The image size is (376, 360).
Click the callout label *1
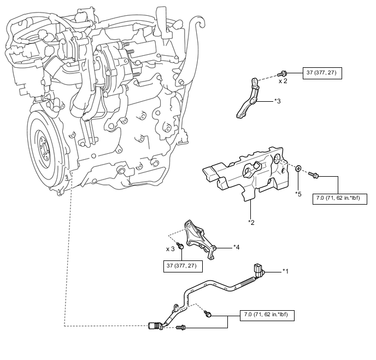point(285,271)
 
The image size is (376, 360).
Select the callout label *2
point(251,223)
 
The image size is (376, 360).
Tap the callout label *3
point(278,101)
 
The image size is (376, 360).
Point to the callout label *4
point(237,247)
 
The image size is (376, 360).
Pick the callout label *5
point(298,194)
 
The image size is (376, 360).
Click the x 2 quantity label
point(283,81)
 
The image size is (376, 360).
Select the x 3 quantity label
point(171,249)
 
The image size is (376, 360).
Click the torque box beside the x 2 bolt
point(322,73)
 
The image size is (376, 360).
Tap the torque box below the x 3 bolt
point(183,266)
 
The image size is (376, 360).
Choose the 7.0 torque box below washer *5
point(340,199)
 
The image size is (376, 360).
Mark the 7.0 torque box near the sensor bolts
point(267,315)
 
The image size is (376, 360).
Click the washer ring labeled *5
point(298,169)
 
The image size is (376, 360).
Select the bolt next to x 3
point(180,246)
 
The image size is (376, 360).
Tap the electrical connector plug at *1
point(258,270)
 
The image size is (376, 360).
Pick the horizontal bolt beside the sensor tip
point(181,327)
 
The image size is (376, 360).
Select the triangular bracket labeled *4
point(200,240)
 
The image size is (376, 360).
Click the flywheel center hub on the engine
point(43,147)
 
